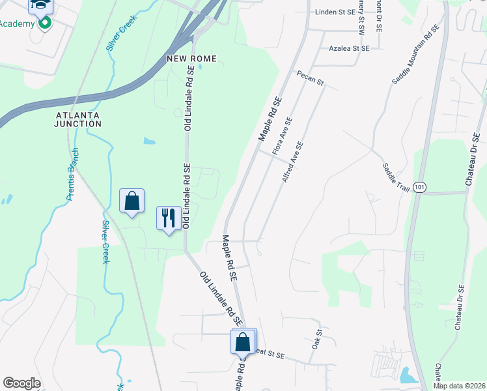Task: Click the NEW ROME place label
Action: click(191, 59)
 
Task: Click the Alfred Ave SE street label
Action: click(293, 162)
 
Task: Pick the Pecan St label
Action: click(311, 78)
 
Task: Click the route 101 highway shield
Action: click(421, 186)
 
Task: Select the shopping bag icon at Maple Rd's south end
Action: click(243, 341)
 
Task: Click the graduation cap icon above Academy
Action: click(40, 6)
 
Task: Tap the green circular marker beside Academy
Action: click(45, 23)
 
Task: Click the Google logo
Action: click(21, 383)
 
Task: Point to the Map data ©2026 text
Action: click(459, 385)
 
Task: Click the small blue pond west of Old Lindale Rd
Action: click(150, 140)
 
